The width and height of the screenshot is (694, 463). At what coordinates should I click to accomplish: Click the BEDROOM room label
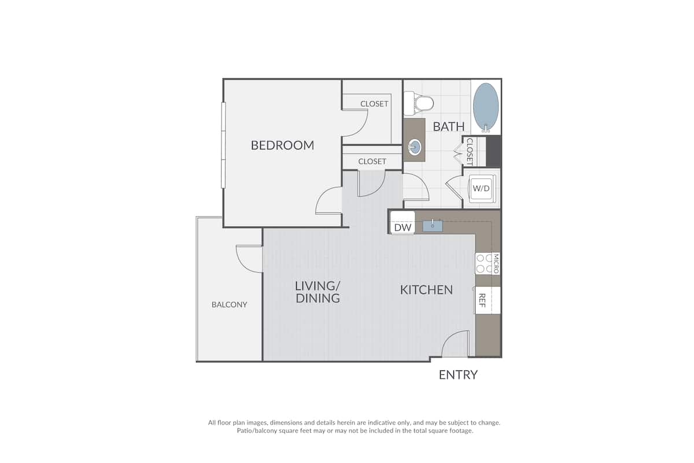(x=282, y=145)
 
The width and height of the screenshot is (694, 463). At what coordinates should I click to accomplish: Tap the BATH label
(x=448, y=127)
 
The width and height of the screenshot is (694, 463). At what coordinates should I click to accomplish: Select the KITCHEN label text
(x=426, y=290)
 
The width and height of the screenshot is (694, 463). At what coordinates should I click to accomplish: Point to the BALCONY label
(x=229, y=304)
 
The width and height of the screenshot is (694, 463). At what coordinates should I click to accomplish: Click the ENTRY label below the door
(x=458, y=375)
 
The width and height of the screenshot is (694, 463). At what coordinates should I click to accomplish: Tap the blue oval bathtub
(x=485, y=107)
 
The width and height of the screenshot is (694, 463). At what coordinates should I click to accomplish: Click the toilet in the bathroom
(x=419, y=103)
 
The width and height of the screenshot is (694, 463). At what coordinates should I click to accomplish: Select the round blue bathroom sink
(x=415, y=147)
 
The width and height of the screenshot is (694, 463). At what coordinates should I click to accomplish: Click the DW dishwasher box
(x=403, y=223)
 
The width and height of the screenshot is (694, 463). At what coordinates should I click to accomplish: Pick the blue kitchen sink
(x=433, y=226)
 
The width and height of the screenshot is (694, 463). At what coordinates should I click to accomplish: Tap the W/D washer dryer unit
(x=481, y=189)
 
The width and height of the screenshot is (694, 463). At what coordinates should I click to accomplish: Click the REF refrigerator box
(x=488, y=300)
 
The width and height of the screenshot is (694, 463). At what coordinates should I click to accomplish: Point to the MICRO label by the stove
(x=496, y=263)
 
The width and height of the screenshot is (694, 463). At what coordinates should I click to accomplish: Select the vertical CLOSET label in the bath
(x=470, y=152)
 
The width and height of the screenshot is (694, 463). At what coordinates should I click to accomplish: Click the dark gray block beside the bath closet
(x=493, y=152)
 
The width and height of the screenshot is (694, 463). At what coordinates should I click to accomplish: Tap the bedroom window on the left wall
(x=223, y=145)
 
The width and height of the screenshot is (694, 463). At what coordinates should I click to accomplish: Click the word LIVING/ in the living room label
(x=318, y=286)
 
